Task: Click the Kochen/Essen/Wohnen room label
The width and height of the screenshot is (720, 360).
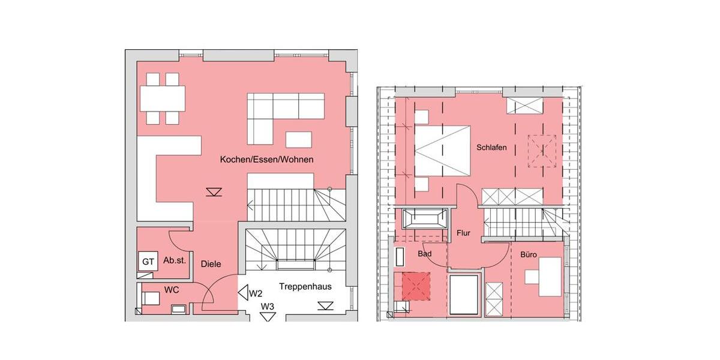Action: [266, 160]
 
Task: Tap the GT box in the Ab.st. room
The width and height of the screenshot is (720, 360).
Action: [147, 262]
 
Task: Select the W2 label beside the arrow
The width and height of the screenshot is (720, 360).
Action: [256, 293]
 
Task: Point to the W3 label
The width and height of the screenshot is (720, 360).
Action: [268, 307]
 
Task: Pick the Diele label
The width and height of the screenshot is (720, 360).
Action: [211, 263]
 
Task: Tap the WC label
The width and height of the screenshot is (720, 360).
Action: [172, 290]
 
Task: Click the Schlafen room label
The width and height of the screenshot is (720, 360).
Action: [492, 147]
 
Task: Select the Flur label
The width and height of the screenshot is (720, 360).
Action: [463, 233]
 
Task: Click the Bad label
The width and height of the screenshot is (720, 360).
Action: [424, 254]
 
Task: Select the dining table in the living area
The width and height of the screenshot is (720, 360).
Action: [163, 98]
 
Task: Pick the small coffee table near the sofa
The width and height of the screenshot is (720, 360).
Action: [299, 139]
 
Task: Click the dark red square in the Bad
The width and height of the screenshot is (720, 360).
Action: [416, 286]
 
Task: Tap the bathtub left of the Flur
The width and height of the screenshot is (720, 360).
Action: [425, 218]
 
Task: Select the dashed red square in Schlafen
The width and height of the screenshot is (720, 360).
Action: [542, 151]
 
